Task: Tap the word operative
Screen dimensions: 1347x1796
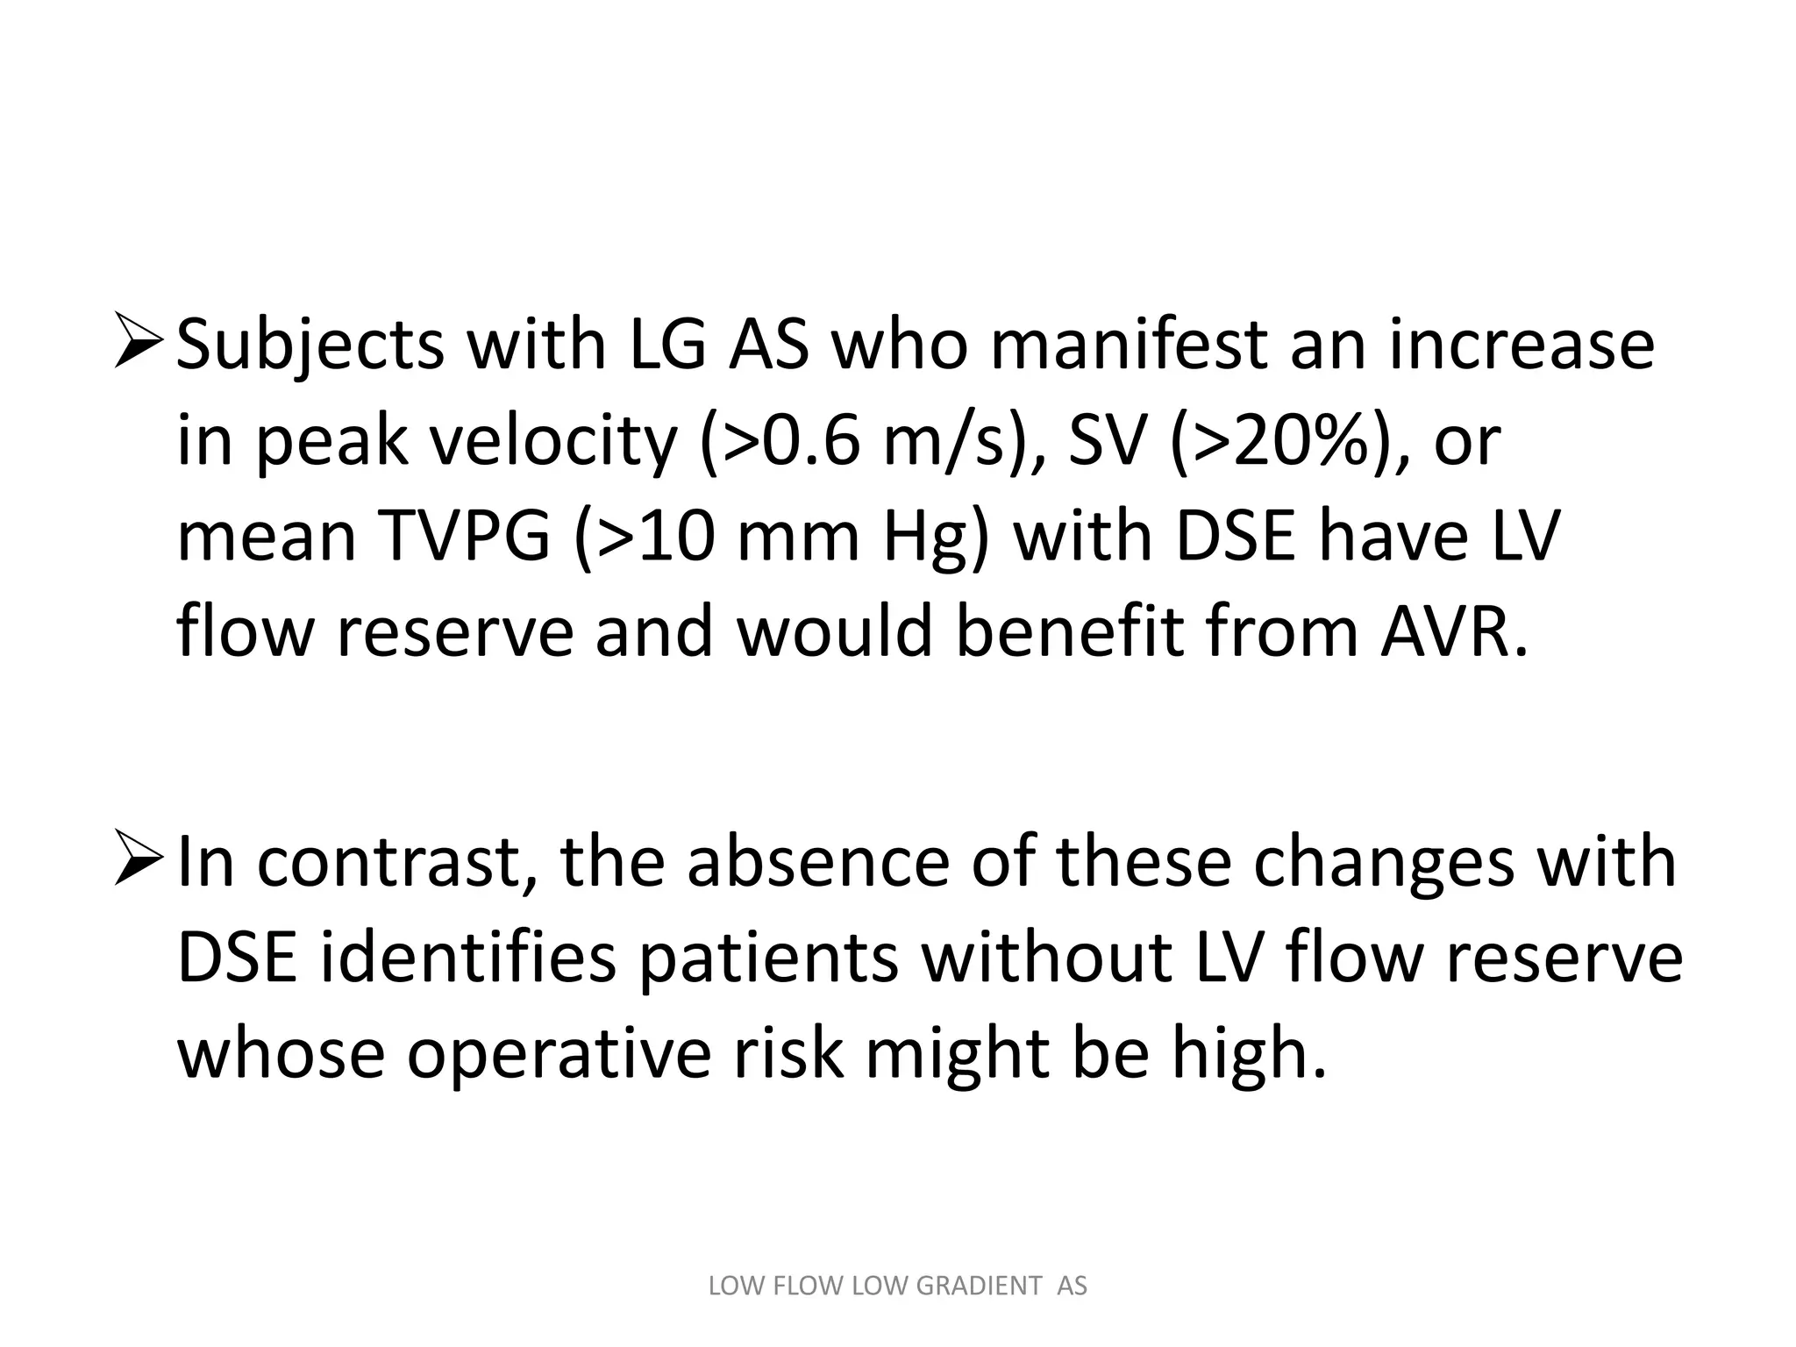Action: pos(559,1054)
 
